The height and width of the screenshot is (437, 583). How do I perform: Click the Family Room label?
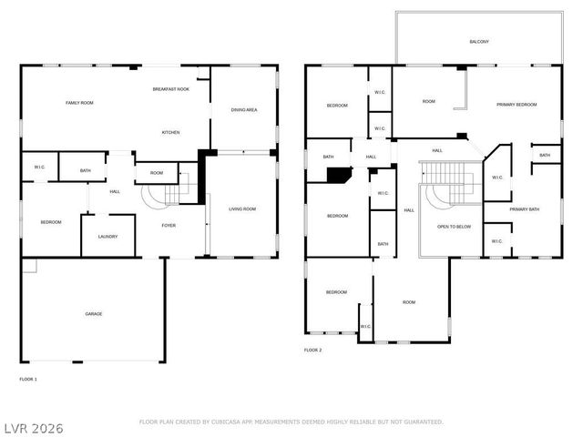point(79,103)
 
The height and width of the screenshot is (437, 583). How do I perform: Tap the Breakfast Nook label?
point(170,89)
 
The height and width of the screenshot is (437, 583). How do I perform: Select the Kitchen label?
point(170,133)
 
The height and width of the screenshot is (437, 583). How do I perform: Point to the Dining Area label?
point(243,110)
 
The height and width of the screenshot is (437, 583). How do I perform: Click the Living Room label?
point(241,209)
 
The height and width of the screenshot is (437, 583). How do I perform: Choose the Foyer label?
point(169,225)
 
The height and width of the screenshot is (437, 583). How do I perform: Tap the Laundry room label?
point(107,237)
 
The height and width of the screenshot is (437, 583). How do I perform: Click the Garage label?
point(94,314)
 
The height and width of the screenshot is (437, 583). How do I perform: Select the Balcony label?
point(478,42)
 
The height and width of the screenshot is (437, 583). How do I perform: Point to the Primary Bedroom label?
point(517,105)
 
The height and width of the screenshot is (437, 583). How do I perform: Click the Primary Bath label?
point(524,209)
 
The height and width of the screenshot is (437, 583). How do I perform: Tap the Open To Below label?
point(454,226)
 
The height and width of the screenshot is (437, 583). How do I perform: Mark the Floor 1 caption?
point(28,378)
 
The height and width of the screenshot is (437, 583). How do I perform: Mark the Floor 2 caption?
point(312,350)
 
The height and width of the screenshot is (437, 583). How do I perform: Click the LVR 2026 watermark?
point(33,427)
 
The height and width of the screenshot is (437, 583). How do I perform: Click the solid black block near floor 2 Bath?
point(339,175)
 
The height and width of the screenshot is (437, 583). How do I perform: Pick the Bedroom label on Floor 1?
point(50,222)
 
